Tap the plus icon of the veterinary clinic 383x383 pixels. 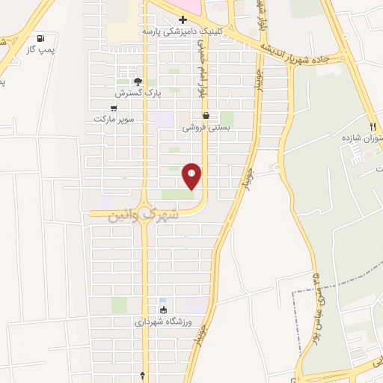[182, 20]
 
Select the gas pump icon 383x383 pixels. [40, 39]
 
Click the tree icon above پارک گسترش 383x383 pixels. [136, 82]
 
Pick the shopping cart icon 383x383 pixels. [113, 107]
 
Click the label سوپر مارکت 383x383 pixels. [113, 118]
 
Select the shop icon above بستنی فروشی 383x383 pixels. [205, 116]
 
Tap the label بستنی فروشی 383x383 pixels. [204, 127]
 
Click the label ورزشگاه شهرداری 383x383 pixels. [163, 322]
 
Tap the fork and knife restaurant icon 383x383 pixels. [373, 126]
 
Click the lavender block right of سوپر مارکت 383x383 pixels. [163, 118]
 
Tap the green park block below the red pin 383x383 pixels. [177, 194]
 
